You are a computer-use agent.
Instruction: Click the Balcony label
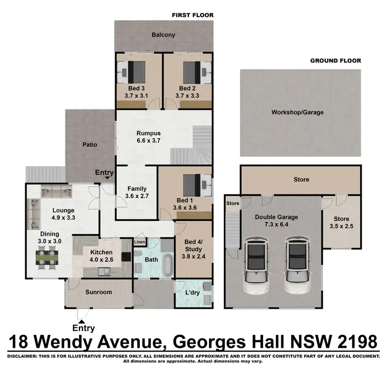(163, 35)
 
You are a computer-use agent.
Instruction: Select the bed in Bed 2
(190, 70)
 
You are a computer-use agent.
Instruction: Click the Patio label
(89, 145)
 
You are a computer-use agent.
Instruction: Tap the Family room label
(137, 188)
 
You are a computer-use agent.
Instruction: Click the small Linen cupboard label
(140, 242)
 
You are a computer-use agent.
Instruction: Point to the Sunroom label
(98, 292)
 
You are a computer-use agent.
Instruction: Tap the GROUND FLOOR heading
(335, 60)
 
